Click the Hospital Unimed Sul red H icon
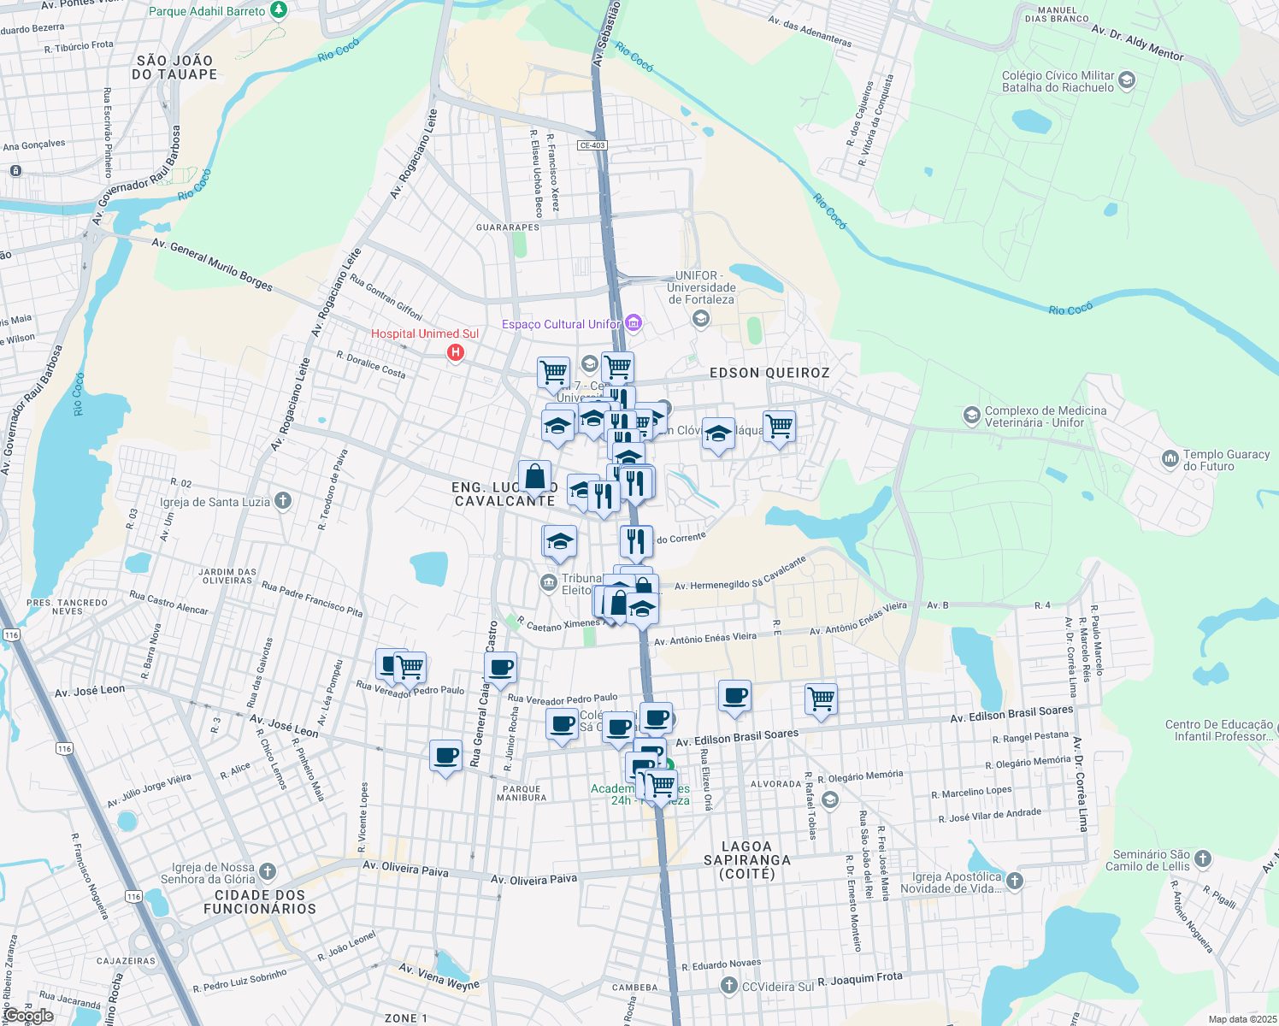pos(456,351)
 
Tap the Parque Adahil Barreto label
pos(207,11)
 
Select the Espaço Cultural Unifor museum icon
pos(634,323)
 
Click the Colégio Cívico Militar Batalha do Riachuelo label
pos(1058,81)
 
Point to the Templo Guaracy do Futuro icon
pos(1170,459)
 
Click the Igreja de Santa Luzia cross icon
pos(283,501)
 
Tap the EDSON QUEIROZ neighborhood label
pos(769,373)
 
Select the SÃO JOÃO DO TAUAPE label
pos(174,68)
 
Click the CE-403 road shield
pos(592,145)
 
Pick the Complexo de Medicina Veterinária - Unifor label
pos(1046,416)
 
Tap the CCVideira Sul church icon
pos(728,986)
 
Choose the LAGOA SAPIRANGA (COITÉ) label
pos(746,860)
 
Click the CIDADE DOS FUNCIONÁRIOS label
pos(260,902)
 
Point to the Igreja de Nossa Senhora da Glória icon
pos(268,871)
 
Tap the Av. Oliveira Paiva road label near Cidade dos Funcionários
pos(405,869)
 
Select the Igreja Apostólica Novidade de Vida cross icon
pos(1014,881)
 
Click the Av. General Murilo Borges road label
pos(212,264)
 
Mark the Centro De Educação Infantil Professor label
pos(1219,730)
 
